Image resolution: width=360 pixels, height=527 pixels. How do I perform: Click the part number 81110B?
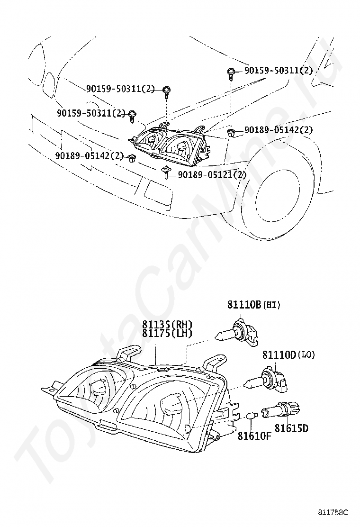[244, 305]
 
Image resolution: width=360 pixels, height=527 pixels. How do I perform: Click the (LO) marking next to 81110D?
[306, 355]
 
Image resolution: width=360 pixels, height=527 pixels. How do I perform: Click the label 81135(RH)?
[167, 325]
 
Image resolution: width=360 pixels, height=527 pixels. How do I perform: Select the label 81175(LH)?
[167, 333]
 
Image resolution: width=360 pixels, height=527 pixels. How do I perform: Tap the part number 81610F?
[254, 436]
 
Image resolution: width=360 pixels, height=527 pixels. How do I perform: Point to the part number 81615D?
[291, 428]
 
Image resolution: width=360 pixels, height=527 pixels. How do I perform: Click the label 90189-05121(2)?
[212, 175]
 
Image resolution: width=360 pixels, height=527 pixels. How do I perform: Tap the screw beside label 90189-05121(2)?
[166, 173]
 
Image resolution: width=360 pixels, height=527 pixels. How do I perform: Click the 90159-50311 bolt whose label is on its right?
[231, 73]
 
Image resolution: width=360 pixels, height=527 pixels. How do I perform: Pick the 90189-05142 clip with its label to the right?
[231, 132]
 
